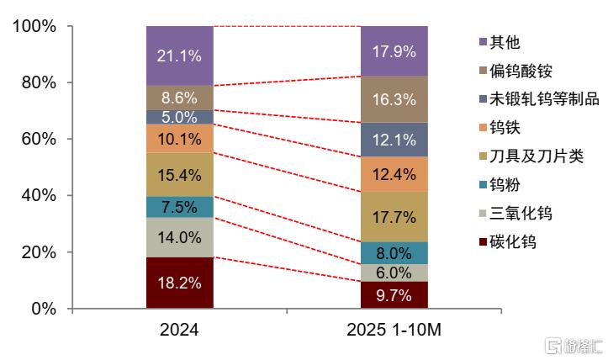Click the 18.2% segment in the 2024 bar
[x=179, y=283]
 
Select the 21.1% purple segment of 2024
[x=179, y=56]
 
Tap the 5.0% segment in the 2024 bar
[x=179, y=117]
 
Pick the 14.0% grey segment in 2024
[x=179, y=237]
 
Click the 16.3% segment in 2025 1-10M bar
[x=394, y=99]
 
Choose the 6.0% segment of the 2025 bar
[x=394, y=273]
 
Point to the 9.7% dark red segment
[x=394, y=295]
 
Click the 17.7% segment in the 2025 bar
[x=394, y=217]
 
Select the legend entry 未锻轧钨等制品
[x=537, y=99]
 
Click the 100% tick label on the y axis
[x=34, y=27]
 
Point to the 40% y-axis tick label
[x=38, y=196]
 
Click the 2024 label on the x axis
[x=179, y=331]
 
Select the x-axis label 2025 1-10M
[x=394, y=331]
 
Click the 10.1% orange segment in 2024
[x=179, y=138]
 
